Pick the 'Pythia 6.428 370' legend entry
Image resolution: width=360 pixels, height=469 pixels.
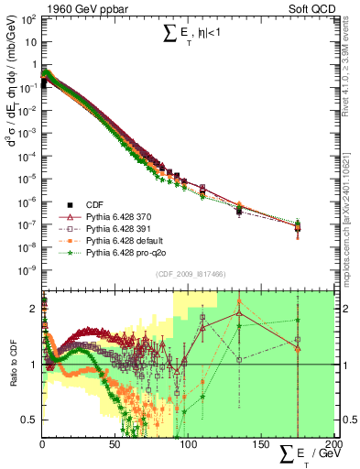tap(106, 216)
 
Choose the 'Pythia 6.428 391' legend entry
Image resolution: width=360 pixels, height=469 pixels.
tap(106, 228)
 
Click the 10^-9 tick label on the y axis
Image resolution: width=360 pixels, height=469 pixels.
tap(27, 269)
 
